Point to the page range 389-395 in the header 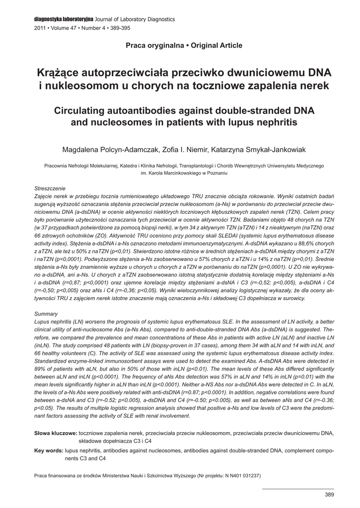pyautogui.click(x=119, y=28)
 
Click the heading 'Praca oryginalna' pyautogui.click(x=148, y=46)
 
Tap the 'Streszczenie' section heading pyautogui.click(x=50, y=189)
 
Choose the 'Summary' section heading pyautogui.click(x=46, y=314)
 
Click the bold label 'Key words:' pyautogui.click(x=49, y=450)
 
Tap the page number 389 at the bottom pyautogui.click(x=329, y=495)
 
